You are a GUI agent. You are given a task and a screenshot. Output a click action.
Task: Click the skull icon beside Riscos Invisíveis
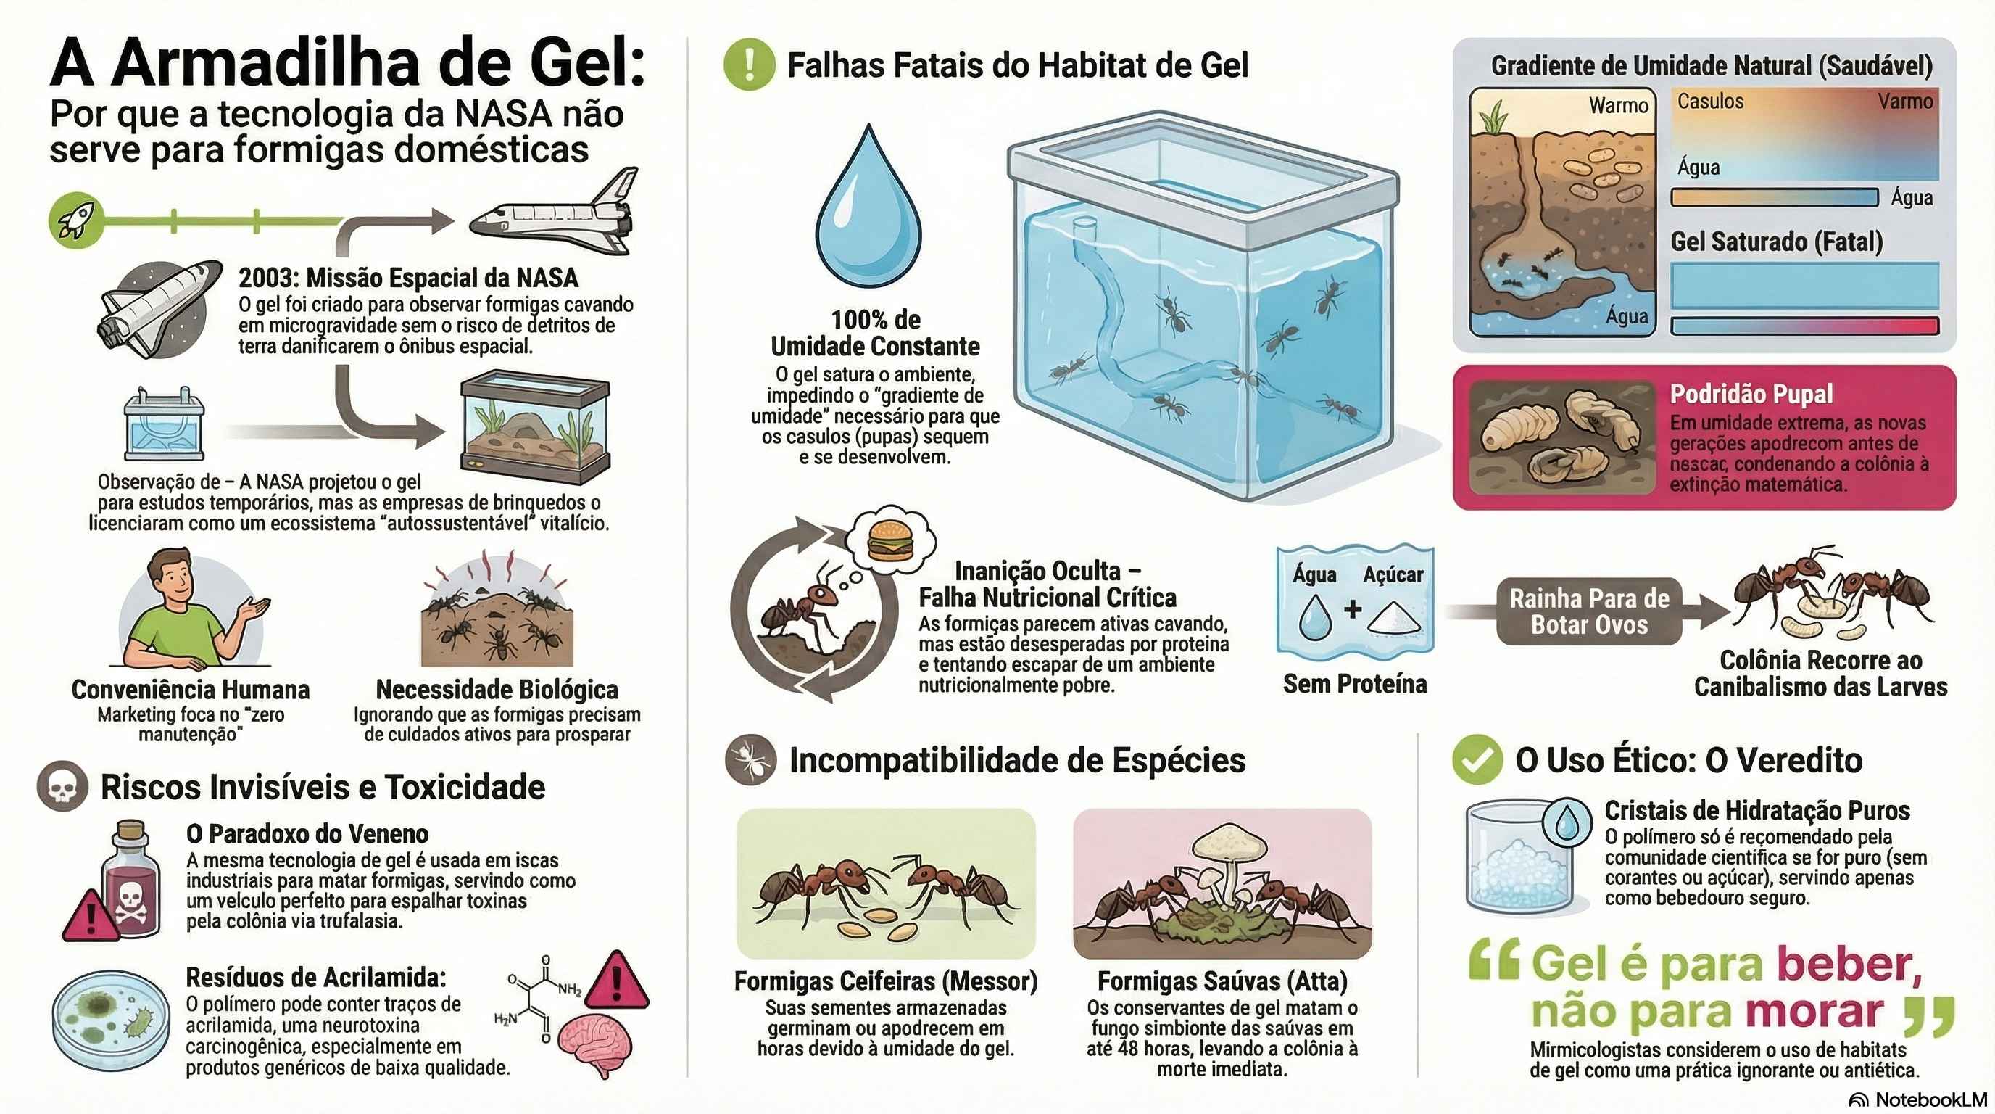[x=62, y=787]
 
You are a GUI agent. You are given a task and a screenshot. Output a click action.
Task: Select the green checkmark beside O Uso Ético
[x=1477, y=759]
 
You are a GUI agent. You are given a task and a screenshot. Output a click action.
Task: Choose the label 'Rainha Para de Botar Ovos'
[x=1589, y=611]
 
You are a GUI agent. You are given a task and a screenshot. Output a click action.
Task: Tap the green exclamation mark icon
[x=749, y=65]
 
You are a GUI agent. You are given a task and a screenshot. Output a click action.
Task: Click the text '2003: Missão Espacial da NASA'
[x=408, y=277]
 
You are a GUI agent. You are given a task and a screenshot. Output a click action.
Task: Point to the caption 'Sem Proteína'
[x=1354, y=683]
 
